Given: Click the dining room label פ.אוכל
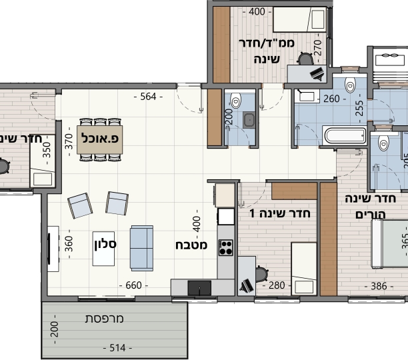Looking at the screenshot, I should (x=99, y=139).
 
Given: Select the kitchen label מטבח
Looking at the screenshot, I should (x=191, y=245).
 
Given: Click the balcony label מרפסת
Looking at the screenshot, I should (x=105, y=319).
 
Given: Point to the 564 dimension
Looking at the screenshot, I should (x=148, y=97).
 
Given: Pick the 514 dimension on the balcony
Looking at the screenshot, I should (x=117, y=347).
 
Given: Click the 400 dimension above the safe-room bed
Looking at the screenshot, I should (x=257, y=11).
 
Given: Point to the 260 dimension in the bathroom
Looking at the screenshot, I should (x=331, y=99).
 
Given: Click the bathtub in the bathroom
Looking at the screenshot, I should (x=343, y=136).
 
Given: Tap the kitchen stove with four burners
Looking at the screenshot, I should (x=226, y=247).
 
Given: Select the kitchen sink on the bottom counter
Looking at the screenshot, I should (x=199, y=287).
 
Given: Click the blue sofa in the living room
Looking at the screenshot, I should (x=141, y=247).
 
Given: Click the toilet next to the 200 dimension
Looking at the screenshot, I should (x=235, y=101).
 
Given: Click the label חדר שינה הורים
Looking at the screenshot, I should (x=371, y=207).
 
